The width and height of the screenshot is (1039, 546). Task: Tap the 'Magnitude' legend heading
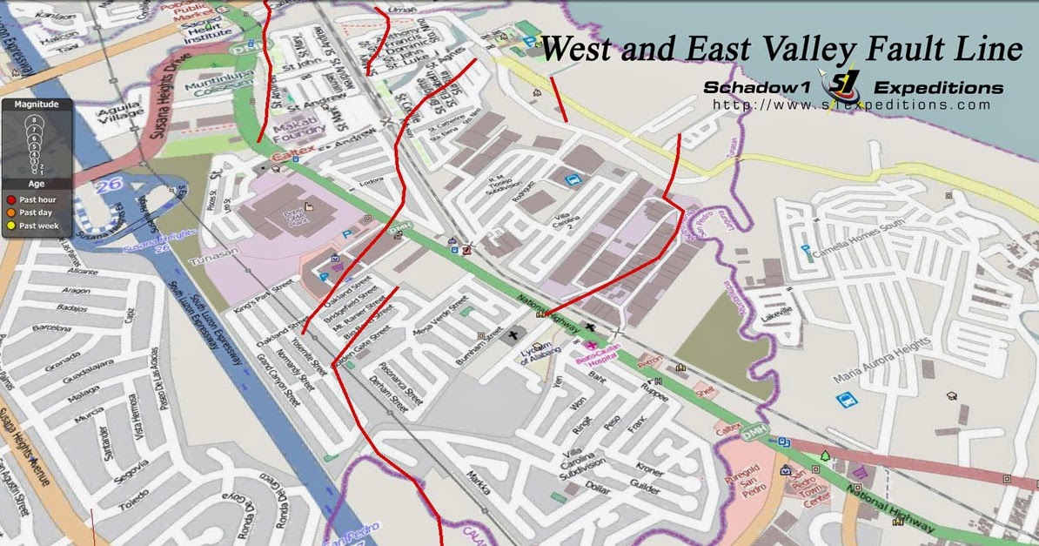36,104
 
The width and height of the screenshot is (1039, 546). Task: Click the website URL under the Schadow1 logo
851,105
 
